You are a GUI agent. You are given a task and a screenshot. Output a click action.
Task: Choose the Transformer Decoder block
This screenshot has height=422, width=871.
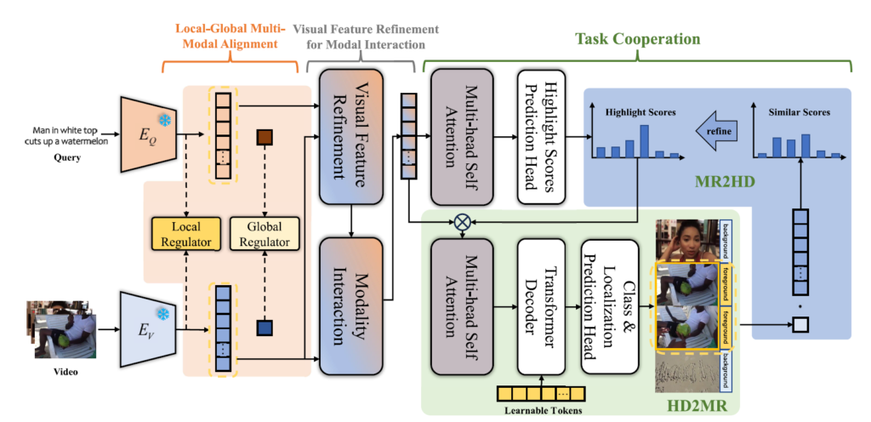pos(543,307)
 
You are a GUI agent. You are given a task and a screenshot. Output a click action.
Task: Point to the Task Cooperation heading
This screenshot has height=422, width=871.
pos(637,39)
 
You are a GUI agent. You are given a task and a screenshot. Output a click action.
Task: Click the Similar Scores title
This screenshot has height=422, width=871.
pos(799,111)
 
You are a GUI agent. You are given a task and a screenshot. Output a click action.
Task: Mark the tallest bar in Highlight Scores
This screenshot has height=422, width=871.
pos(644,141)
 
